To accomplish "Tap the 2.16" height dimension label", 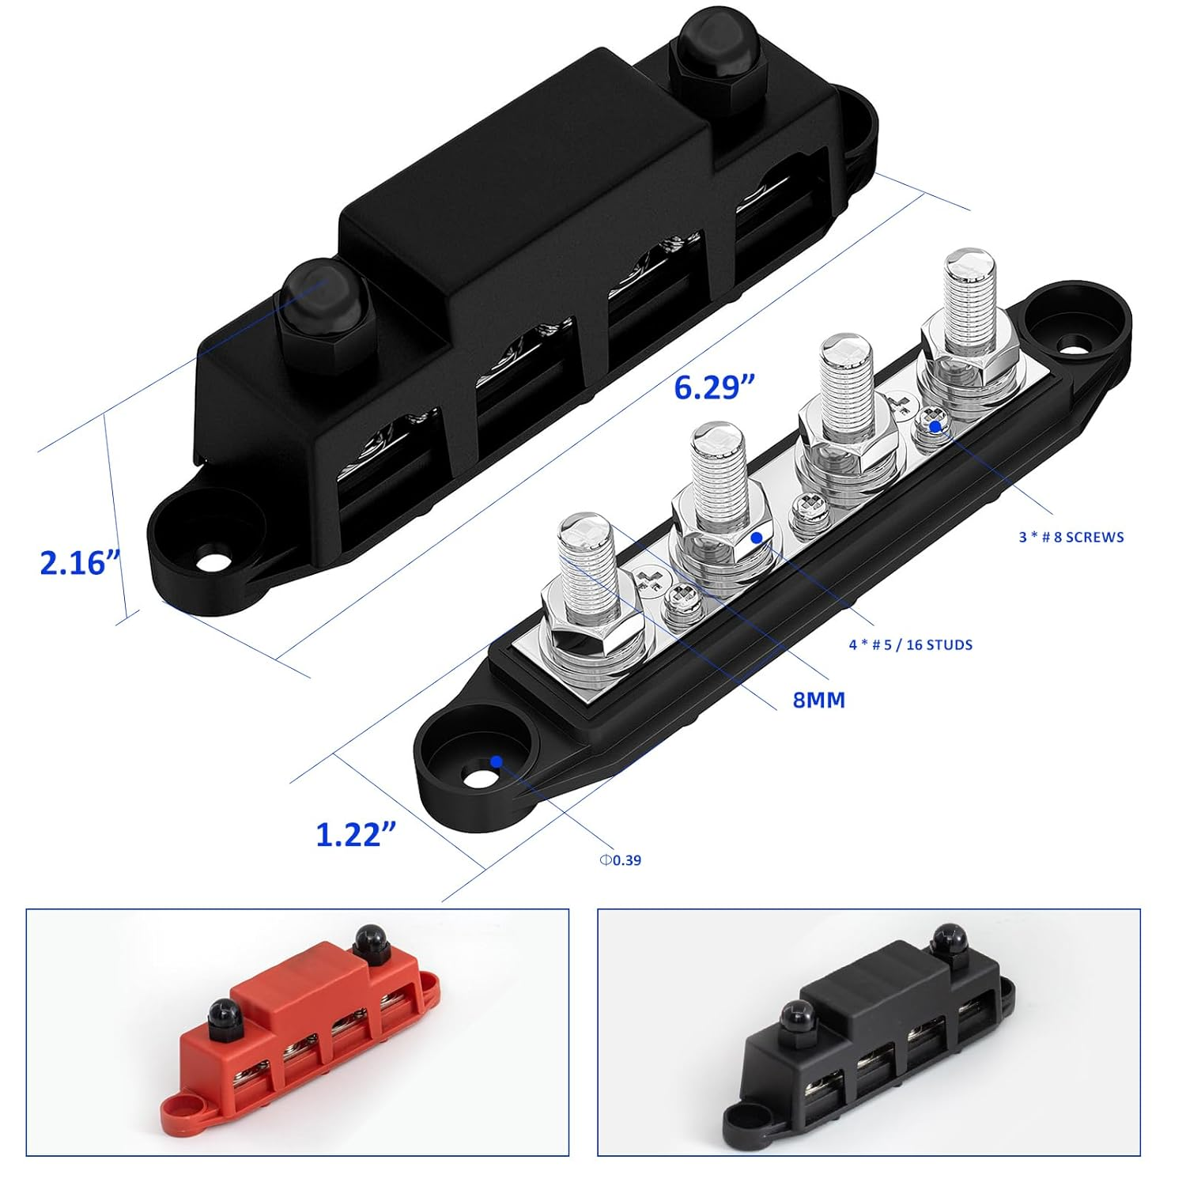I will pos(80,563).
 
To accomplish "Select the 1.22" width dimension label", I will pos(356,835).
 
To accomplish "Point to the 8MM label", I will pos(819,700).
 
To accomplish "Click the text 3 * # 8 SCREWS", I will pos(1071,538).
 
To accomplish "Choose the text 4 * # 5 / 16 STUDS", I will pos(910,645).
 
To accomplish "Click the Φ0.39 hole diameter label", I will pos(621,860).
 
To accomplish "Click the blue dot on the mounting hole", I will pos(496,761).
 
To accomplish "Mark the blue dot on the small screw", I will pos(935,426).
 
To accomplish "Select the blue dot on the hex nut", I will pos(757,538).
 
